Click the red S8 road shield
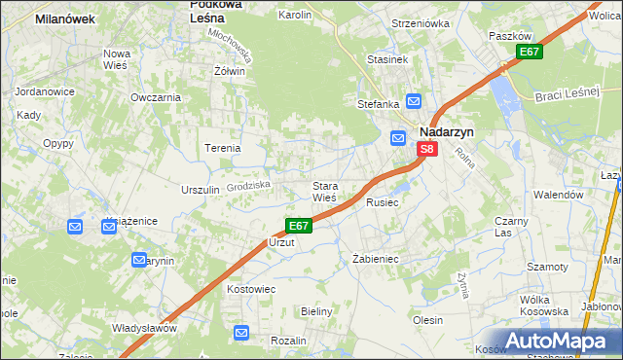tap(427, 149)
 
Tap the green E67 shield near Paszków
tap(529, 52)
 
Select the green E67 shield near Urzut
tap(299, 226)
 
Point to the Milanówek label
tap(63, 18)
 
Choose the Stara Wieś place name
tap(324, 191)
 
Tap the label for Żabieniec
tap(377, 260)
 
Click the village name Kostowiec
tap(251, 289)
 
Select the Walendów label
tap(559, 195)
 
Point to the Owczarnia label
tap(156, 97)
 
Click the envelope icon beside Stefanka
tap(414, 100)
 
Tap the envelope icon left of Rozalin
tap(242, 334)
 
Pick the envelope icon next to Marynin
tap(139, 261)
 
